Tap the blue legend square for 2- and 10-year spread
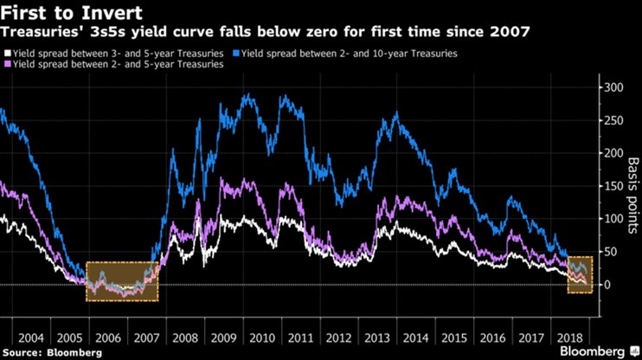pyautogui.click(x=238, y=54)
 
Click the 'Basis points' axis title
pyautogui.click(x=631, y=185)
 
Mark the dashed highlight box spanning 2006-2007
pyautogui.click(x=122, y=280)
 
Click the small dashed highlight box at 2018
pyautogui.click(x=579, y=274)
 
